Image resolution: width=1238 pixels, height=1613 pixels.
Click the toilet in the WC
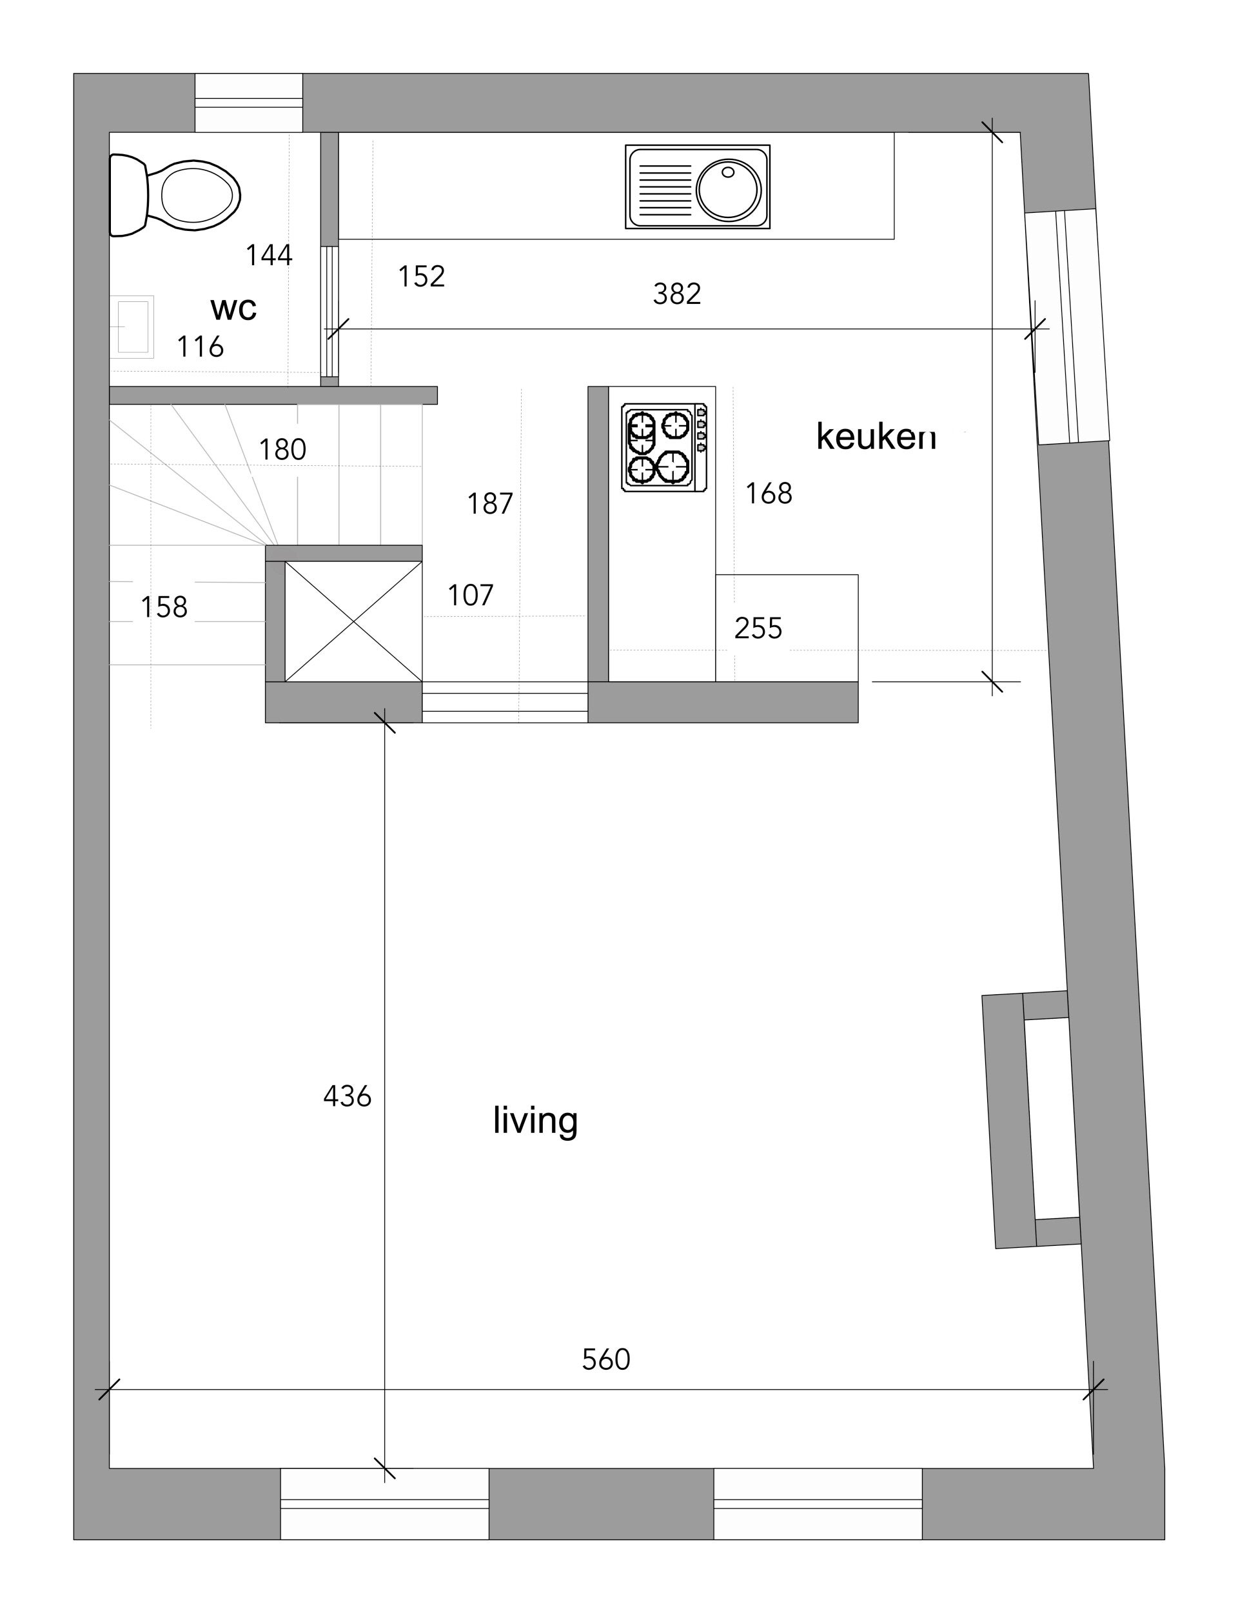coord(175,195)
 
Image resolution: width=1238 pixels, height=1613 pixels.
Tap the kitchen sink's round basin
coord(728,189)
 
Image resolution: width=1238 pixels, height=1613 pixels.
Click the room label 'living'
coord(536,1120)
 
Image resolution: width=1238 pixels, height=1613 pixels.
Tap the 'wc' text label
coord(233,309)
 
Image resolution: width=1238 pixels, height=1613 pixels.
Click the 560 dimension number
coord(605,1359)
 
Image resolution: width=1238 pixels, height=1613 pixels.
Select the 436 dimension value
coord(347,1096)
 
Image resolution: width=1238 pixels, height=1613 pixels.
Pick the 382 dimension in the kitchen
coord(676,294)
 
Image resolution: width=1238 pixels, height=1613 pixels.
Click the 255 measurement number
coord(758,628)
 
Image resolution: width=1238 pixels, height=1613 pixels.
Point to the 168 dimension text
coord(769,493)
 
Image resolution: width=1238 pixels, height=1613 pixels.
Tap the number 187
coord(490,503)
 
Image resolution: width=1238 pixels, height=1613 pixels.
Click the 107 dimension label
coord(470,595)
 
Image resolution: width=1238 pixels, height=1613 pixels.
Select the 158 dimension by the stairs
coord(164,606)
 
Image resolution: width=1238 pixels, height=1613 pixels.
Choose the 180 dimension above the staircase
coord(282,449)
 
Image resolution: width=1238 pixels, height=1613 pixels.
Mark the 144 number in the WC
coord(269,255)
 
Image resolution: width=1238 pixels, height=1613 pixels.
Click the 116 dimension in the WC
coord(200,346)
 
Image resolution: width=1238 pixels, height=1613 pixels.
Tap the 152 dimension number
coord(422,276)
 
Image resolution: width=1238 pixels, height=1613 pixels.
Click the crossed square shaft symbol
coord(354,621)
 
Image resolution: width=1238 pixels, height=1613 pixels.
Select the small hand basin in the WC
coord(132,326)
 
